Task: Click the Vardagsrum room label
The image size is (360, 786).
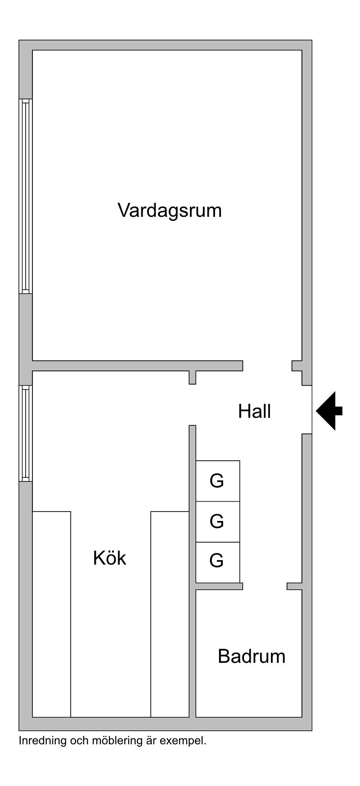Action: pos(170,211)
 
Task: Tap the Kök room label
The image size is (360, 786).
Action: pos(109,558)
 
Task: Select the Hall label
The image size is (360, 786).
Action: pos(254,411)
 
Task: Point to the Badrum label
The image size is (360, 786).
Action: pos(252,656)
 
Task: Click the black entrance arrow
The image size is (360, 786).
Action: pos(329,411)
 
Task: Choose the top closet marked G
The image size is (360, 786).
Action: pos(218,481)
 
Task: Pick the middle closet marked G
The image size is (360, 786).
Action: pos(218,521)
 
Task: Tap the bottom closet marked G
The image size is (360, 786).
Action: pos(218,562)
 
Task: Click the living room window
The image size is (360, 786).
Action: pos(26,196)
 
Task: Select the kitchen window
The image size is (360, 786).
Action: pos(26,433)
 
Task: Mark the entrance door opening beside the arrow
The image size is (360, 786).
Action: pos(307,409)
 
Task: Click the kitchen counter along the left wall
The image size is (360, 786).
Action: pos(52,614)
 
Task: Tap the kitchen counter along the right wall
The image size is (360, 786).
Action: pos(170,614)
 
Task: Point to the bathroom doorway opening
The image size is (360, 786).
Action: pos(265,586)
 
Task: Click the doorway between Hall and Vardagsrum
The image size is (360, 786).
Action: pos(267,365)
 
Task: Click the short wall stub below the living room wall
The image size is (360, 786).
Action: pos(193,377)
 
